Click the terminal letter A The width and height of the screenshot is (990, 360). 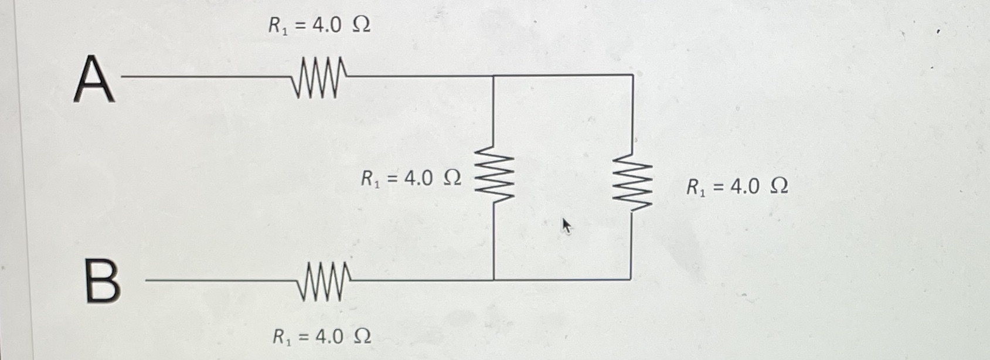[x=94, y=79]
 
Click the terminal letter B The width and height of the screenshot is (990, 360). [x=103, y=282]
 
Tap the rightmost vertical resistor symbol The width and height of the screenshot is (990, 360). [x=632, y=182]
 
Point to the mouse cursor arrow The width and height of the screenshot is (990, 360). [x=566, y=225]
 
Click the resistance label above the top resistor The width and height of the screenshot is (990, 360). [x=319, y=25]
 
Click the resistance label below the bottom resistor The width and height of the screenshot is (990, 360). [x=321, y=337]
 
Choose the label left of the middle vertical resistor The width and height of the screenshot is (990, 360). [x=410, y=178]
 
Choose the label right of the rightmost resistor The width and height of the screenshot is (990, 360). [x=737, y=187]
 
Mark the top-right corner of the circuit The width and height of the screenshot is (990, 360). [x=632, y=76]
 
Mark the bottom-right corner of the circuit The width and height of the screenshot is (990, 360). [x=631, y=280]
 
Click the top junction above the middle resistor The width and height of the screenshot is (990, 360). [x=493, y=76]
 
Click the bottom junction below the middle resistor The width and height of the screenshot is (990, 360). [x=494, y=280]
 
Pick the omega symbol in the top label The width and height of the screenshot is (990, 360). [x=362, y=25]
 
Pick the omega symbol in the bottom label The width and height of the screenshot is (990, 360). [x=362, y=337]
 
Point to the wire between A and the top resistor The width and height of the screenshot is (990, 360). [x=205, y=76]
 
